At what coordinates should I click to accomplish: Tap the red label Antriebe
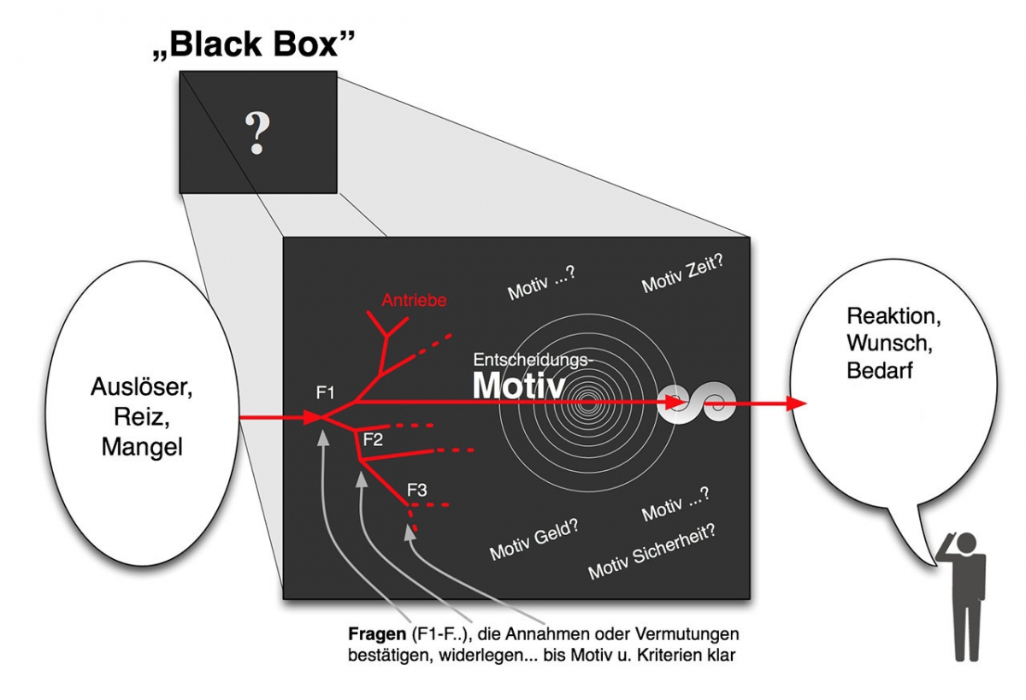tap(414, 300)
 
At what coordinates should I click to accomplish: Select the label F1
tap(325, 393)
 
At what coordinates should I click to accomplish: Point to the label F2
tap(373, 439)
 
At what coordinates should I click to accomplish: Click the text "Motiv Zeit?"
tap(683, 274)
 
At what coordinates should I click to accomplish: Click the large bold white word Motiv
tap(518, 385)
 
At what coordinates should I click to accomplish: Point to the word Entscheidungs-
tap(532, 361)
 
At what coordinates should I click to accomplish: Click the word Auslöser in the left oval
tap(142, 388)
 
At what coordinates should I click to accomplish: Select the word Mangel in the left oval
tap(142, 446)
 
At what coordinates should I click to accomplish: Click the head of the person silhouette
tap(966, 543)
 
